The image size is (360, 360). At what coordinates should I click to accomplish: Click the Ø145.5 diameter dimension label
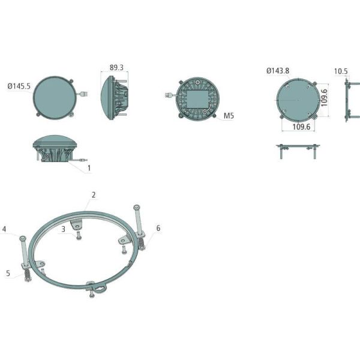pyautogui.click(x=19, y=86)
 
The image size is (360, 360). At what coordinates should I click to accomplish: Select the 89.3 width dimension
pyautogui.click(x=116, y=67)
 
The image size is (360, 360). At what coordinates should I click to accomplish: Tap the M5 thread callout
pyautogui.click(x=229, y=116)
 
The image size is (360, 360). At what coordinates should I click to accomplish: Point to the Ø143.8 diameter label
pyautogui.click(x=278, y=71)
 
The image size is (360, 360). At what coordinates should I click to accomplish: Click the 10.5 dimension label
pyautogui.click(x=341, y=71)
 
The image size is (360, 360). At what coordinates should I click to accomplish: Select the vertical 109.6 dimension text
pyautogui.click(x=324, y=98)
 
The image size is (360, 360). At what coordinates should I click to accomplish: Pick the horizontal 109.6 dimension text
pyautogui.click(x=301, y=127)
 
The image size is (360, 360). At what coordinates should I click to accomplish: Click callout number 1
pyautogui.click(x=89, y=168)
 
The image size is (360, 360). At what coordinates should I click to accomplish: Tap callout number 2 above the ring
pyautogui.click(x=94, y=195)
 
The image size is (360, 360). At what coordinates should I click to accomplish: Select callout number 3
pyautogui.click(x=64, y=229)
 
